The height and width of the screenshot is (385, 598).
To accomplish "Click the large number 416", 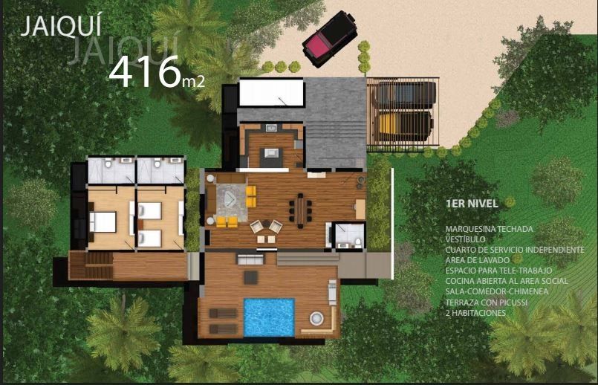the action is click(x=145, y=73).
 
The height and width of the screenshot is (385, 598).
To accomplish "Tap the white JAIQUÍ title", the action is click(x=61, y=27).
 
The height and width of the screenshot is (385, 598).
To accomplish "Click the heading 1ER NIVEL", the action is click(x=472, y=204).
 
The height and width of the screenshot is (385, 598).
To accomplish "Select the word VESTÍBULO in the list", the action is click(x=465, y=239).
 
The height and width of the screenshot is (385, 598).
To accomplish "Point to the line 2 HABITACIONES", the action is click(x=475, y=313).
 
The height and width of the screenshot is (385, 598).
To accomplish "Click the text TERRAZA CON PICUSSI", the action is click(x=487, y=302).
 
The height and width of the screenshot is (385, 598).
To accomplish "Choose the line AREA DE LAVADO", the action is click(x=477, y=260).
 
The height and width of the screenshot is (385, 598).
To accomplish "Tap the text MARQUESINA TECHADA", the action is click(x=489, y=229).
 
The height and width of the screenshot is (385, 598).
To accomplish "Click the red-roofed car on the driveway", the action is click(x=330, y=39).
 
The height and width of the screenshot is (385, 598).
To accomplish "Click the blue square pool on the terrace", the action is click(x=269, y=317).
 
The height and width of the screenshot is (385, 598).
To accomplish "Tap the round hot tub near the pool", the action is click(x=316, y=318).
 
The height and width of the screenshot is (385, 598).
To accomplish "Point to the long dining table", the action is click(x=301, y=211).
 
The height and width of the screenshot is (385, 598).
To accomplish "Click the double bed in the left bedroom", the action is click(x=103, y=221).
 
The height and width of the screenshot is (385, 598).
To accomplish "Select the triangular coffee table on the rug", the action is click(x=230, y=198).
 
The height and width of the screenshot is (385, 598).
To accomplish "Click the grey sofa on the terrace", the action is click(x=250, y=260).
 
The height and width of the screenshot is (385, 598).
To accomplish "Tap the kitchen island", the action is click(x=271, y=156).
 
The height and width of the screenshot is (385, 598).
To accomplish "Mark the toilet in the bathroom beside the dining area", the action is click(x=358, y=242).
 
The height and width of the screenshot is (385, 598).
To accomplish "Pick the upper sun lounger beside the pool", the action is click(x=223, y=313).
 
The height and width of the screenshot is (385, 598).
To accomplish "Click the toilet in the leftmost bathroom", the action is click(x=108, y=164).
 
